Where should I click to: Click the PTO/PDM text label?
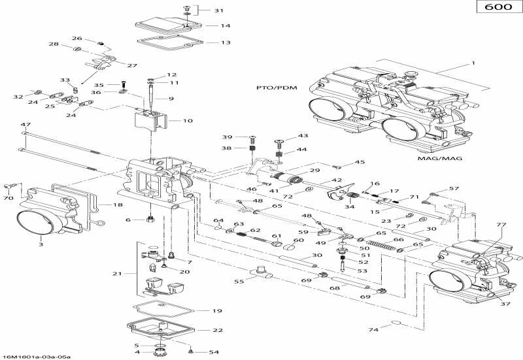click(x=274, y=87)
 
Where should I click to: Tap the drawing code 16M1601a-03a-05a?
click(x=37, y=356)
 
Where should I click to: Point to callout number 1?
click(x=466, y=64)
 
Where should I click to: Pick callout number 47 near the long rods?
click(x=25, y=124)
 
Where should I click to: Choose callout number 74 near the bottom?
click(x=372, y=330)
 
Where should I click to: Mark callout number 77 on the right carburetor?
click(x=501, y=225)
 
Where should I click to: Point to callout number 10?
click(x=188, y=120)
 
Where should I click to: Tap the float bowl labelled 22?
click(x=157, y=330)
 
